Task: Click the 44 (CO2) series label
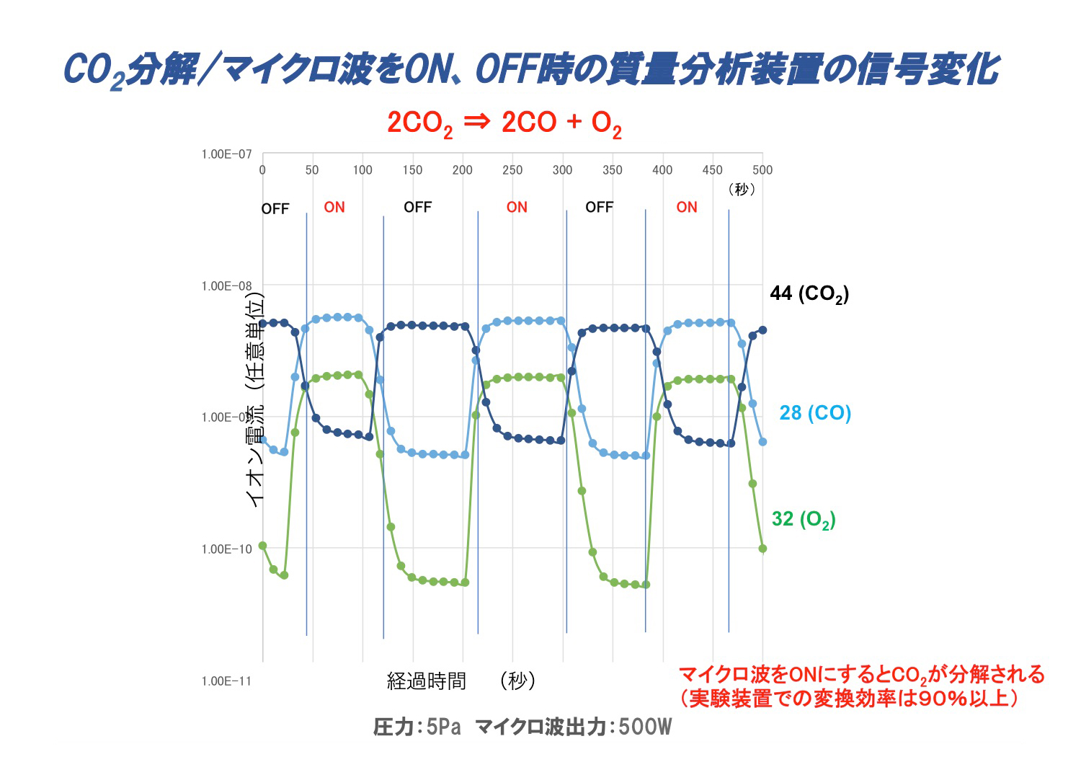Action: pyautogui.click(x=809, y=293)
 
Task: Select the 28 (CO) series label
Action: pyautogui.click(x=814, y=413)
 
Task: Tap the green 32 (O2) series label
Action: pyautogui.click(x=803, y=519)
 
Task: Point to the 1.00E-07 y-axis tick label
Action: pyautogui.click(x=226, y=154)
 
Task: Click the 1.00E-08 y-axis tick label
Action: pyautogui.click(x=226, y=286)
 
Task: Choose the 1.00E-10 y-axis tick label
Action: pyautogui.click(x=226, y=549)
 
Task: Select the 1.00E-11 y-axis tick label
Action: pyautogui.click(x=226, y=681)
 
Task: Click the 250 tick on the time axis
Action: pyautogui.click(x=512, y=170)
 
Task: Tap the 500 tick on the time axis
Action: pyautogui.click(x=762, y=170)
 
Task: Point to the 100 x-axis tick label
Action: pyautogui.click(x=362, y=170)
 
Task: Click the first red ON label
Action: pyautogui.click(x=334, y=208)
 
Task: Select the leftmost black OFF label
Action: pyautogui.click(x=275, y=209)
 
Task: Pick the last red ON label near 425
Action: pyautogui.click(x=686, y=208)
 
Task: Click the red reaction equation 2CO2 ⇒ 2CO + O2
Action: pyautogui.click(x=504, y=123)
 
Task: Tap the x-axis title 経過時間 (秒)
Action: pyautogui.click(x=461, y=681)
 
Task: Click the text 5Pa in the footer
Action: pyautogui.click(x=442, y=727)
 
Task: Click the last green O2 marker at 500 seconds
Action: pyautogui.click(x=762, y=549)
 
